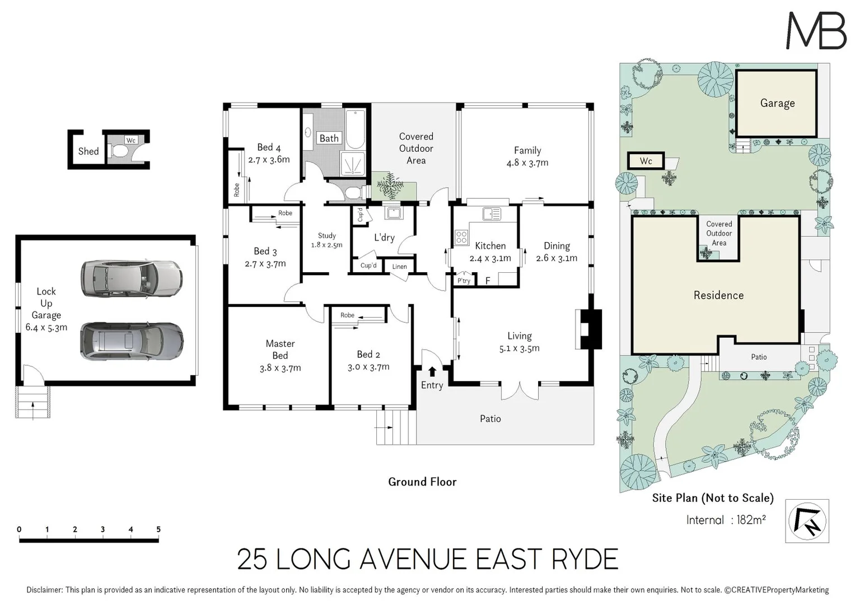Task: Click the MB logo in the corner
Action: point(816,31)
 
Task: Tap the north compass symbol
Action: point(807,521)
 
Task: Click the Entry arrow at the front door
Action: point(432,371)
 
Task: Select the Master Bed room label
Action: point(280,350)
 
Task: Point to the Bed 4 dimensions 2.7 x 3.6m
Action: point(269,160)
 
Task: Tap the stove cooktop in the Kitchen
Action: point(461,237)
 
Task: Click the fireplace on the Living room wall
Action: point(588,329)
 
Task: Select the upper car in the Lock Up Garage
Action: point(131,278)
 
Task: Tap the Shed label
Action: point(88,151)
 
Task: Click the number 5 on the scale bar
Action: point(158,529)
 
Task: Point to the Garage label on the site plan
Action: point(777,103)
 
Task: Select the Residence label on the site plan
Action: point(718,295)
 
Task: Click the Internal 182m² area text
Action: point(726,520)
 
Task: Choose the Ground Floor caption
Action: point(422,482)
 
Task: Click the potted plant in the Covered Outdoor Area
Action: point(390,185)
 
